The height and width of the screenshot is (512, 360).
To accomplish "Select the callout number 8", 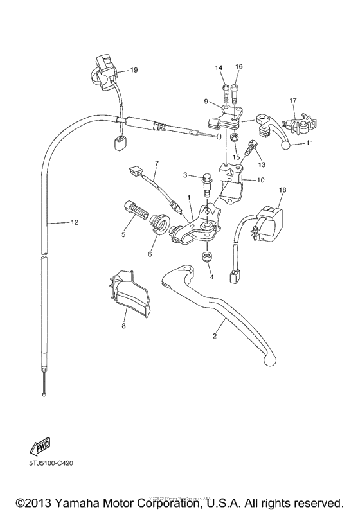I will pos(124,326).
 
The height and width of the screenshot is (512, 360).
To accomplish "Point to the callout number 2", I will pos(215,336).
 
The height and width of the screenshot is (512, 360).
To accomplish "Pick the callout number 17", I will pos(292,100).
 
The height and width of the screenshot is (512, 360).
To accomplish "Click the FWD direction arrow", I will pos(39,448).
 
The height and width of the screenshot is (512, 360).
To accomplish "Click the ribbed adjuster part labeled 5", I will pos(131,209).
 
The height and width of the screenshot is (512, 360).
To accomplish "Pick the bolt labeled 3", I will pos(207,181).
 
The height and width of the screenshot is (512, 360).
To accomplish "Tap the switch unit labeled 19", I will pos(105,69).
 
